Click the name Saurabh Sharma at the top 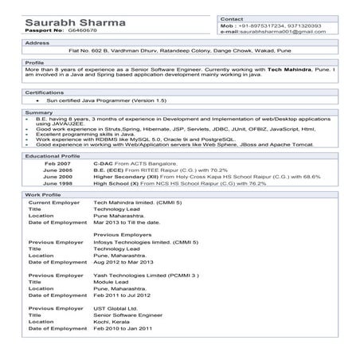pyautogui.click(x=66, y=19)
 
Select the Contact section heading pyautogui.click(x=232, y=18)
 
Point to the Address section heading pyautogui.click(x=37, y=42)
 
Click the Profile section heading pyautogui.click(x=35, y=61)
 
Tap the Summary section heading pyautogui.click(x=39, y=112)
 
